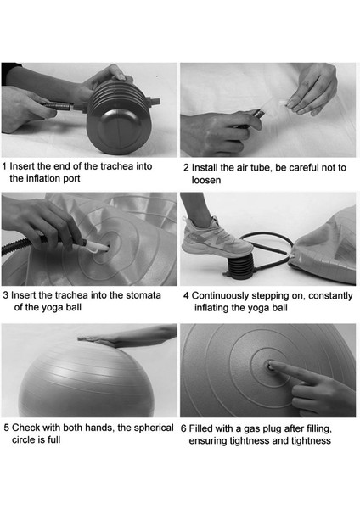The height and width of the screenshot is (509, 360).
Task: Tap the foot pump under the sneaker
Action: point(241,267)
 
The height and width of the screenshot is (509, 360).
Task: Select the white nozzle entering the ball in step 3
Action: point(96,246)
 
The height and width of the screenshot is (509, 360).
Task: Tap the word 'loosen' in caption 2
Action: point(206,180)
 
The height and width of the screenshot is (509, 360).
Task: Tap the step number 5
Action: point(7,428)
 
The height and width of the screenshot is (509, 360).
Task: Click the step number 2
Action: point(186,168)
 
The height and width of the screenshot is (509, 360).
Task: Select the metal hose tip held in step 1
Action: point(58,105)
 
